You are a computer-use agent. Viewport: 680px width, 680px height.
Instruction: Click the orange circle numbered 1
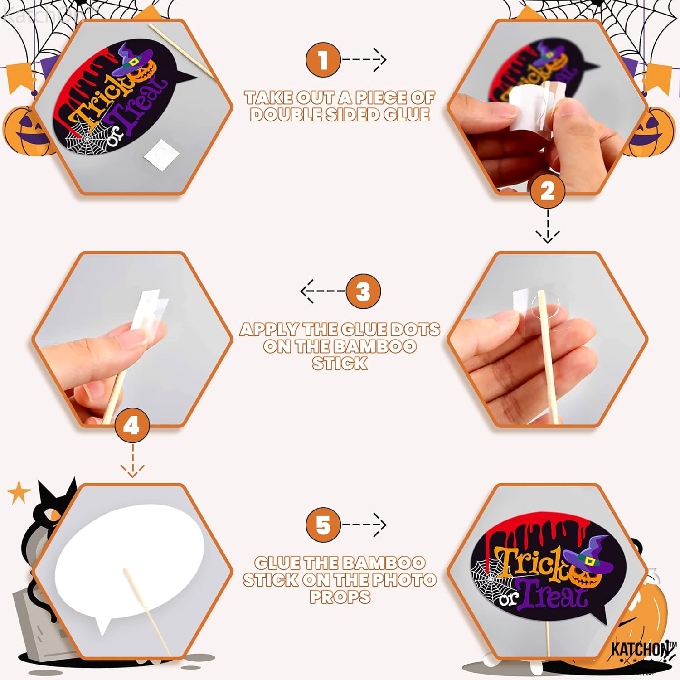[323, 59]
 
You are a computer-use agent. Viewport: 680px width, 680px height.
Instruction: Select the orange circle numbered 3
[363, 291]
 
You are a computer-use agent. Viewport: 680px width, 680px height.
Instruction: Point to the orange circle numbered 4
[132, 426]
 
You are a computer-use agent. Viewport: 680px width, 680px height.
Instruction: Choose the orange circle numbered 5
[323, 525]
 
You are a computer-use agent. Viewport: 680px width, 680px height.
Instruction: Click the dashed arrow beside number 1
[364, 59]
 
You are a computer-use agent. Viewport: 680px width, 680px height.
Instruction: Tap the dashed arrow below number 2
[548, 226]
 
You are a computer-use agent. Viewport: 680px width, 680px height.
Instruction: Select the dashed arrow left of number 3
[322, 291]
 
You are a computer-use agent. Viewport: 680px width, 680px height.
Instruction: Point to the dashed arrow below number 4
[132, 461]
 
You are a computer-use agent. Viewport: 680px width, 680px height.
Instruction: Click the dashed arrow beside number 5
[364, 525]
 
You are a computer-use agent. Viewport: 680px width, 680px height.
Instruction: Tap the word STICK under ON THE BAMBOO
[340, 364]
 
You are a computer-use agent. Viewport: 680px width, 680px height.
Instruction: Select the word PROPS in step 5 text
[340, 597]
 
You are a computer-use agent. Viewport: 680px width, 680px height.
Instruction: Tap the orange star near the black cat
[19, 493]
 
